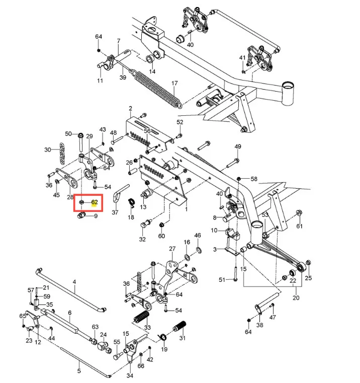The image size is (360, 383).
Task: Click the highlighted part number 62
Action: click(95, 202)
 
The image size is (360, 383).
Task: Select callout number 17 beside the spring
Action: click(174, 83)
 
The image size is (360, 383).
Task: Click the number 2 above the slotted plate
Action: click(130, 108)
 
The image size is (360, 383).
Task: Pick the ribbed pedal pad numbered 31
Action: click(179, 326)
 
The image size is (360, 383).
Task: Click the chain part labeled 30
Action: click(62, 153)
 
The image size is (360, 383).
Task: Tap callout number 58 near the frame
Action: click(254, 179)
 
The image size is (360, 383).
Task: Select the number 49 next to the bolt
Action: click(238, 146)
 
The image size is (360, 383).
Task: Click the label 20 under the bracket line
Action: click(296, 298)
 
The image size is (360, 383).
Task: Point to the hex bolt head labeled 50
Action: click(81, 135)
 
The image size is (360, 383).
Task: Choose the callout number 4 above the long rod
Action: click(74, 282)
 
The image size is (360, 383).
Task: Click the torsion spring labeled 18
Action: click(132, 203)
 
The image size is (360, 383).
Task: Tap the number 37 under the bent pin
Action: click(115, 212)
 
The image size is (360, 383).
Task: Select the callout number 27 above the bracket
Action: click(172, 249)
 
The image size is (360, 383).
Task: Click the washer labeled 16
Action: click(187, 257)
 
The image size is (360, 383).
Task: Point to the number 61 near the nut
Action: click(300, 226)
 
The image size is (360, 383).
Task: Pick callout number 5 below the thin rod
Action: click(79, 371)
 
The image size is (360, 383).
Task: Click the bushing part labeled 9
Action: click(81, 216)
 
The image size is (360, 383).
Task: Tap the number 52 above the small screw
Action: click(180, 122)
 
